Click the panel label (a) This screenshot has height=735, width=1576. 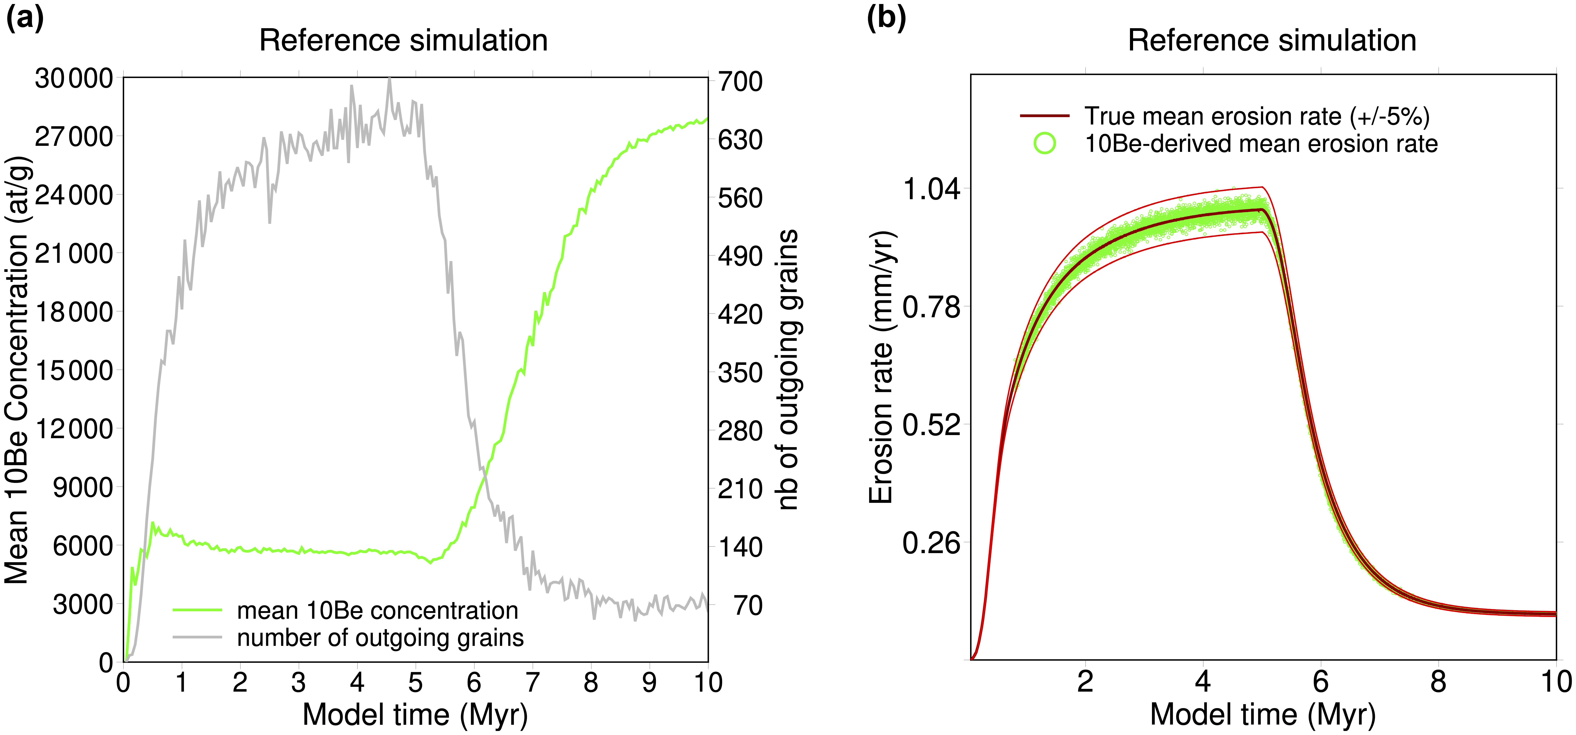pos(24,18)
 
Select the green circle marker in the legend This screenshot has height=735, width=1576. pos(1045,144)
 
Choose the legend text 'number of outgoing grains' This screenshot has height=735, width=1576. pos(380,638)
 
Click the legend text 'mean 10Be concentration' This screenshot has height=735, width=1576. pos(378,610)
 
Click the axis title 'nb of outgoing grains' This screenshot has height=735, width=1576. pos(788,370)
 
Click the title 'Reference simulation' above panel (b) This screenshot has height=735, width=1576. pos(1272,40)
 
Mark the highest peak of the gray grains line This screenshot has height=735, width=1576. pos(389,79)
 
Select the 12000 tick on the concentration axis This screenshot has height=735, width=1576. pos(74,429)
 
